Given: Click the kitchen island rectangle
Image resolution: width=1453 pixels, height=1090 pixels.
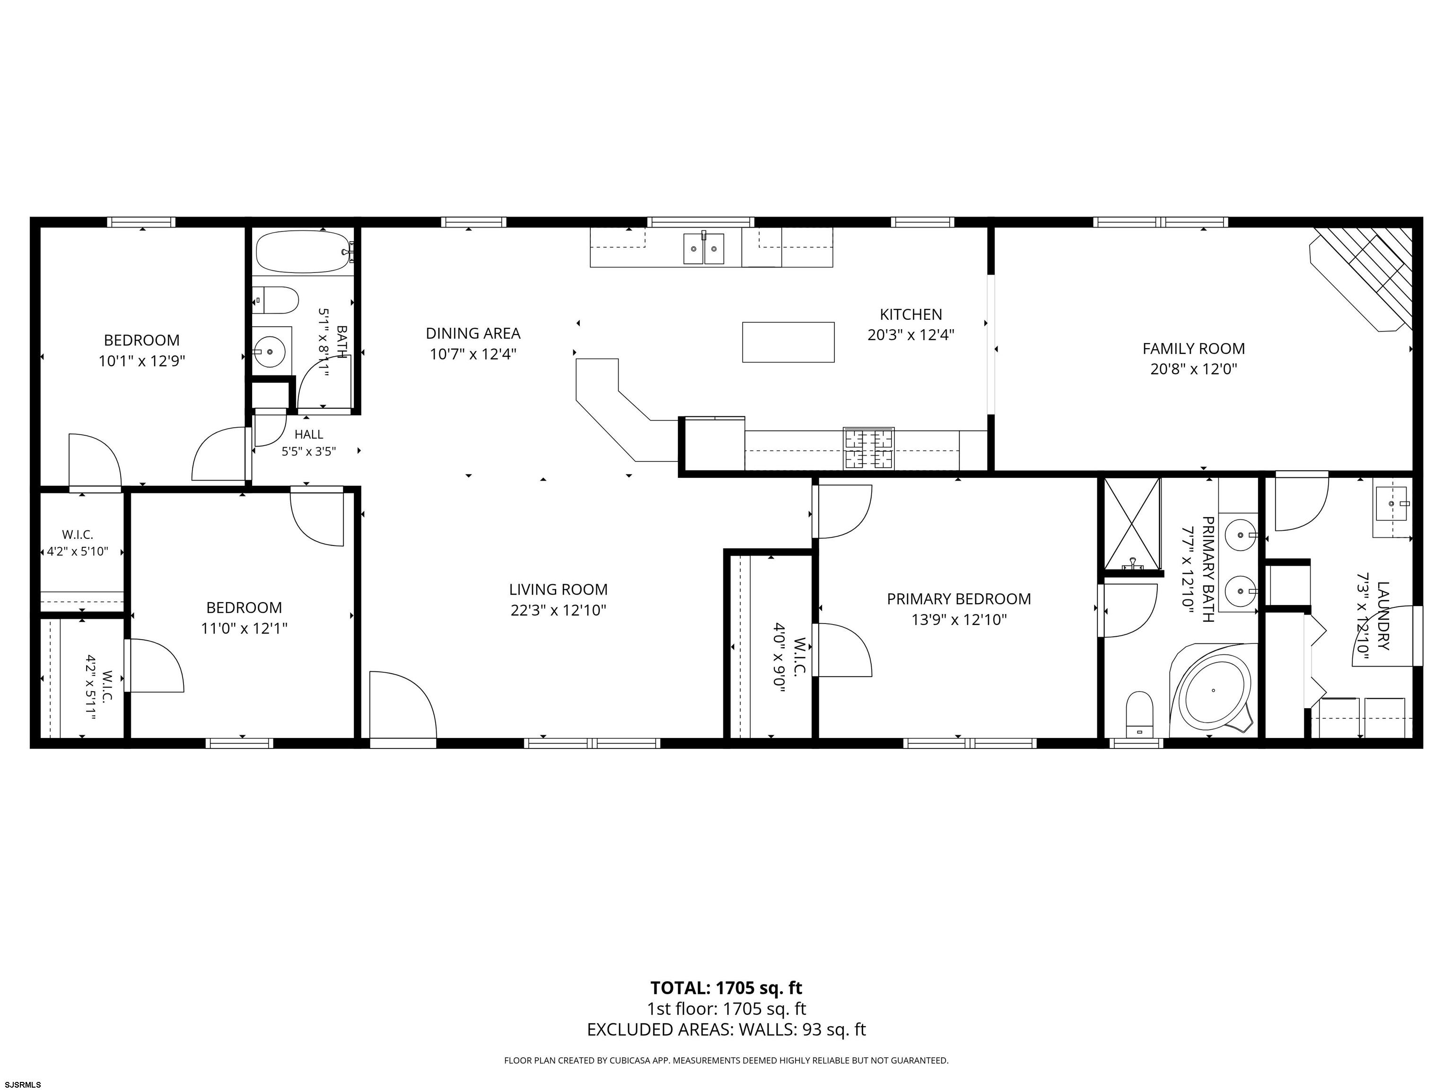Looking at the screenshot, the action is tap(788, 342).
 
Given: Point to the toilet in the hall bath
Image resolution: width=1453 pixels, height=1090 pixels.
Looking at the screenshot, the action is tap(275, 300).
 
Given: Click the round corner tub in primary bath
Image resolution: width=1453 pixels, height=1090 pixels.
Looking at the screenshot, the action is tap(1213, 690).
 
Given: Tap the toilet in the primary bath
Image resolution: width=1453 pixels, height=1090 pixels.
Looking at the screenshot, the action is tap(1140, 713).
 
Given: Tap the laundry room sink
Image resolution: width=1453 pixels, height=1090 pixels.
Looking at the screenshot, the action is tap(1391, 504).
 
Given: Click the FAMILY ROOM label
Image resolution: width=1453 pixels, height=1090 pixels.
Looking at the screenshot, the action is tap(1193, 348).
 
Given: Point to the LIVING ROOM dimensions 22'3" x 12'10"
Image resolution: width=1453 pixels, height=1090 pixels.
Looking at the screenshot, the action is tap(558, 610).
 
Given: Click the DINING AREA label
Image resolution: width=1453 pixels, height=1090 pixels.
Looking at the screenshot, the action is tap(473, 333).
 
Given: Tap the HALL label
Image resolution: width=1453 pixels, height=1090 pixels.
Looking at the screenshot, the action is tap(309, 434).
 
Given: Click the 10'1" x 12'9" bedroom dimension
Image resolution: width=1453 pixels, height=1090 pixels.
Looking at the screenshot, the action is tap(142, 360).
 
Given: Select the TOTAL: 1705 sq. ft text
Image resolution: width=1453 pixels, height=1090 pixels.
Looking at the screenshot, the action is tap(726, 987).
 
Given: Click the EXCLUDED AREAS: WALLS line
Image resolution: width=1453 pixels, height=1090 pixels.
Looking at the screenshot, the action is tap(726, 1029).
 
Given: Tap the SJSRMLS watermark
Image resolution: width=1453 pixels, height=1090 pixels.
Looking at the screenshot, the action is tap(22, 1084).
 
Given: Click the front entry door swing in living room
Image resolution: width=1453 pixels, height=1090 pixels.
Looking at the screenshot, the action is tap(403, 708).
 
